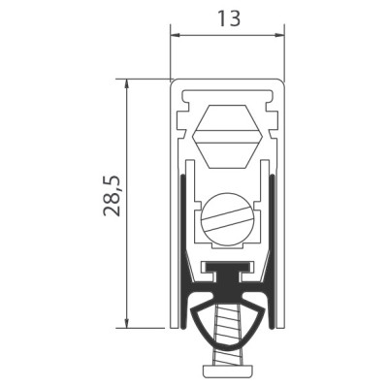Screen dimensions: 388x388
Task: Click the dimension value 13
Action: pyautogui.click(x=229, y=18)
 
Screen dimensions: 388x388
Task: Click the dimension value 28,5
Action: pyautogui.click(x=112, y=196)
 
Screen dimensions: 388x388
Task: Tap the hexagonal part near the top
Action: pyautogui.click(x=226, y=137)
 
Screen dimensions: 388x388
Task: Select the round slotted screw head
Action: pyautogui.click(x=226, y=218)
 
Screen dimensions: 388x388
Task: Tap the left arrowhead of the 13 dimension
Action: pyautogui.click(x=176, y=35)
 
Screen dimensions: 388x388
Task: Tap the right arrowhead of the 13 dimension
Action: pyautogui.click(x=278, y=35)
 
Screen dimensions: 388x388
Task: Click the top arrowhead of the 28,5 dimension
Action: pyautogui.click(x=127, y=84)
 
